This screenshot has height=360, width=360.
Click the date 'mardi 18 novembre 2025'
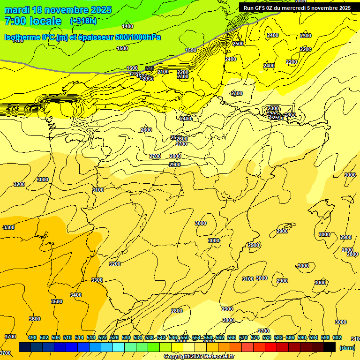[58, 10]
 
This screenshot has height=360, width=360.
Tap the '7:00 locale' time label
[33, 21]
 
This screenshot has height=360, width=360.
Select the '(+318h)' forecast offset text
[83, 21]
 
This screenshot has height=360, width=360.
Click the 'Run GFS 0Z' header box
[297, 7]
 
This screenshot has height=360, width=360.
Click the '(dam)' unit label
[347, 348]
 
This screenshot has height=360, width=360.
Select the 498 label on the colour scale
[32, 337]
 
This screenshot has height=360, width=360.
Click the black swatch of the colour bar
[330, 347]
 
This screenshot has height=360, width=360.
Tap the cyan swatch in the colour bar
[119, 347]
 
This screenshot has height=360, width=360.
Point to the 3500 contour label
[56, 301]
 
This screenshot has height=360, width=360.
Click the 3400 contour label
[76, 295]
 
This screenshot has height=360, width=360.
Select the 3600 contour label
[35, 319]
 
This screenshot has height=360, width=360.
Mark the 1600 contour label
[133, 68]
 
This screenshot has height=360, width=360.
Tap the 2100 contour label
[163, 72]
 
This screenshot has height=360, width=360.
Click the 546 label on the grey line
[150, 68]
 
